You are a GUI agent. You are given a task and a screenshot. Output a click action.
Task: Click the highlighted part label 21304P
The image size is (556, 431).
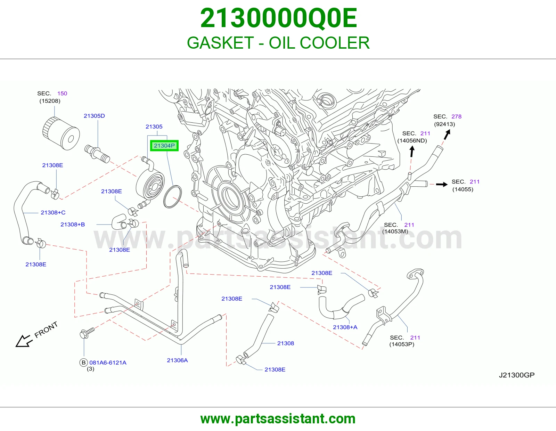pos(164,146)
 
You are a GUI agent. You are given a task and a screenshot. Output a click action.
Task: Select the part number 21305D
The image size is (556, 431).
pos(94,116)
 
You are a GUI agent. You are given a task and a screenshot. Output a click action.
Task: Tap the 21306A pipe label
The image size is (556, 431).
pos(177,360)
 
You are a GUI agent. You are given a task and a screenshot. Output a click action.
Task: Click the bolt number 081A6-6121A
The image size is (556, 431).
pos(108,363)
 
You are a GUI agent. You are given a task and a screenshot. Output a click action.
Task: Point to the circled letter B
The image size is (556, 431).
pos(83,363)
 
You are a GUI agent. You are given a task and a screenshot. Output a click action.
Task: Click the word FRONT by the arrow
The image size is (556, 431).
pos(46,330)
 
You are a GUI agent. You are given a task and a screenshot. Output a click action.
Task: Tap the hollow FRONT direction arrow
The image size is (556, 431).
pos(24,341)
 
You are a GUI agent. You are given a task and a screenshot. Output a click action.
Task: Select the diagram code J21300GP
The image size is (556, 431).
pos(517,375)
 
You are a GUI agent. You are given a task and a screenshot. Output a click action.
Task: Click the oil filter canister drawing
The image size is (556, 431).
pos(61,133)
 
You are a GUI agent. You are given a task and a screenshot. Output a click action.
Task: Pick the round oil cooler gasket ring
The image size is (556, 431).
pos(172,197)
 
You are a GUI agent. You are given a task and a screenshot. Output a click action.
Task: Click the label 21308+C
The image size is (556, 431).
pos(53,212)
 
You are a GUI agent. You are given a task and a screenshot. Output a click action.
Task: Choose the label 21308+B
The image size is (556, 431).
pos(73,225)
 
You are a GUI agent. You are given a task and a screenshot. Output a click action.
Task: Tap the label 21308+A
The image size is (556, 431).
pos(345,327)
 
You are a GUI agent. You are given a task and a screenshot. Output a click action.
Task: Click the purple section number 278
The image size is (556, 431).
pos(457,116)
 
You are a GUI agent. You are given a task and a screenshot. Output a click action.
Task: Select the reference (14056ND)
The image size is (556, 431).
pos(412,140)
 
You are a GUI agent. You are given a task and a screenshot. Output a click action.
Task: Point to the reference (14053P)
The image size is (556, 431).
pos(402,344)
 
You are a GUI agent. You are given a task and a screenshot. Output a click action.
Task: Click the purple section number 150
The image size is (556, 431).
pos(62,93)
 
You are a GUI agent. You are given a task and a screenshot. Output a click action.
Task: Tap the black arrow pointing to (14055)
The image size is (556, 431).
pos(442,184)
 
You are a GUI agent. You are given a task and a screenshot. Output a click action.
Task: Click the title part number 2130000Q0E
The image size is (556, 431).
pos(278,18)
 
